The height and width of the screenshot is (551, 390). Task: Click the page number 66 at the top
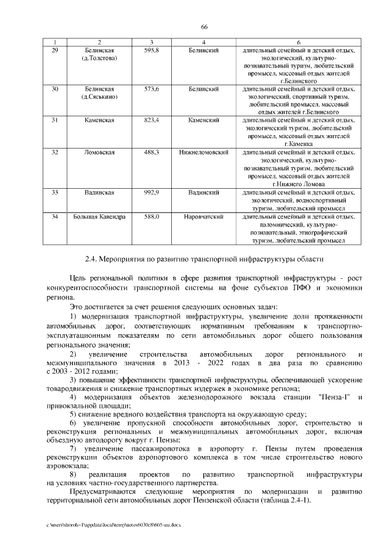click(x=204, y=26)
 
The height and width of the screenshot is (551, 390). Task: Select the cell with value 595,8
click(x=151, y=49)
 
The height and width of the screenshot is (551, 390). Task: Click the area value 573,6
click(x=151, y=89)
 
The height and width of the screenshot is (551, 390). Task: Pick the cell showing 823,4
click(x=151, y=121)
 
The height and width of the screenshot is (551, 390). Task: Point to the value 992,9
click(x=151, y=192)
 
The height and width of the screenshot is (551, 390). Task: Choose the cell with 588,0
click(x=151, y=216)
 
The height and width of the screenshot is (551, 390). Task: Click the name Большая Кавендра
click(x=99, y=216)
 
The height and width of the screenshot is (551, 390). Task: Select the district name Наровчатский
click(x=204, y=216)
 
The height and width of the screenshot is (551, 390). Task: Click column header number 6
click(x=298, y=41)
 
